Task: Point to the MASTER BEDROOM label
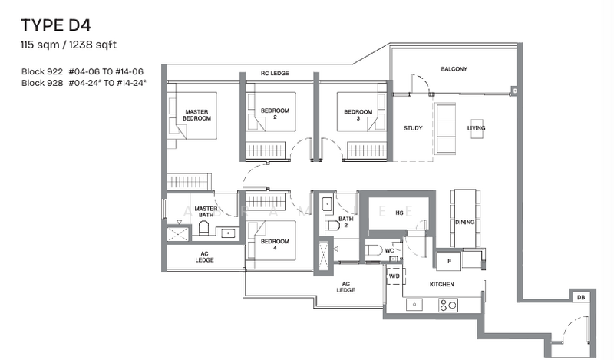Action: pos(197,116)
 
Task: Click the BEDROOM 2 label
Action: pos(274,114)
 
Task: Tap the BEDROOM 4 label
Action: pos(274,244)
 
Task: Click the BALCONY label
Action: pos(454,69)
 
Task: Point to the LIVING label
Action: pos(477,128)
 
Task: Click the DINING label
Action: pos(464,222)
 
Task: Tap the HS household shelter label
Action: pos(399,213)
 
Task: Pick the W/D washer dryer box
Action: pos(394,276)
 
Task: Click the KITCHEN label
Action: pos(441,285)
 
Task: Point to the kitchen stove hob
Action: pos(447,305)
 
